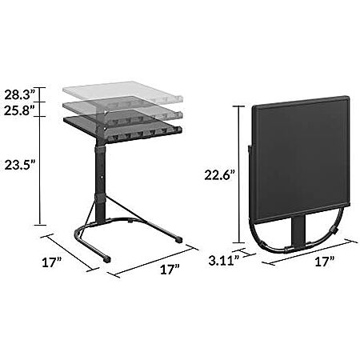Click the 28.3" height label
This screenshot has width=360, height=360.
pyautogui.click(x=20, y=95)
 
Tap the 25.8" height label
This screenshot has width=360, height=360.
pyautogui.click(x=20, y=110)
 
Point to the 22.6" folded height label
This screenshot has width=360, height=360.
pyautogui.click(x=219, y=175)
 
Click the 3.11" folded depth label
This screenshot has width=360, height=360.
pyautogui.click(x=222, y=261)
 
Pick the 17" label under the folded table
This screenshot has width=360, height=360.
pyautogui.click(x=325, y=262)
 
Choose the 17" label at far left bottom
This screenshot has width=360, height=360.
pyautogui.click(x=52, y=262)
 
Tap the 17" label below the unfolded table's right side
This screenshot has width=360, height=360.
pyautogui.click(x=170, y=270)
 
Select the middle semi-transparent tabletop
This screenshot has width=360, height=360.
pyautogui.click(x=122, y=110)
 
